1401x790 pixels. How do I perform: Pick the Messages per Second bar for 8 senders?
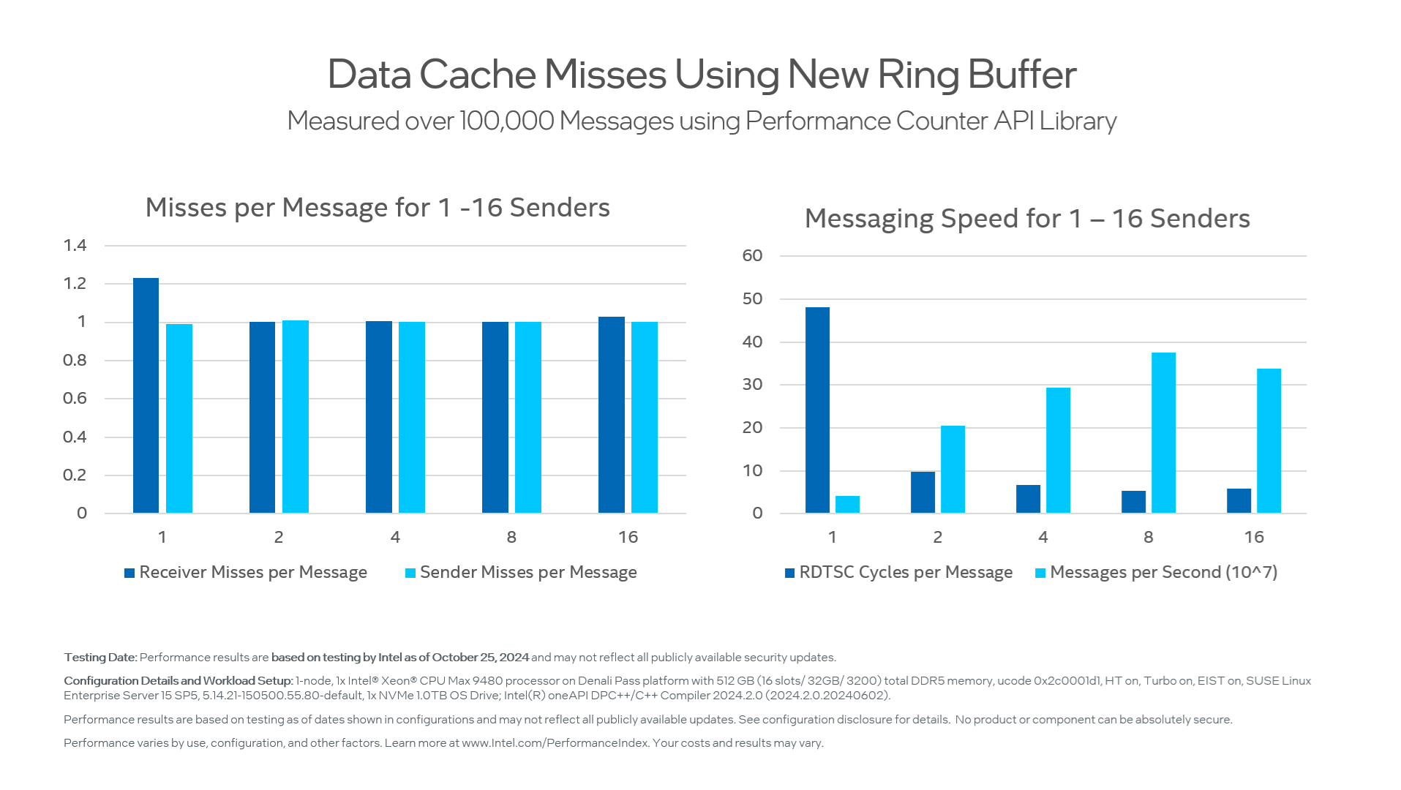pyautogui.click(x=1163, y=432)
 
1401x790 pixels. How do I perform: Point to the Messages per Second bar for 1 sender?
pyautogui.click(x=847, y=505)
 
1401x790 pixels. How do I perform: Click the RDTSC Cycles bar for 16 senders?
pyautogui.click(x=1239, y=501)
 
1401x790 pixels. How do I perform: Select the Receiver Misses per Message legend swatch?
pyautogui.click(x=129, y=573)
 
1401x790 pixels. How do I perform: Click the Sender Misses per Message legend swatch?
pyautogui.click(x=410, y=573)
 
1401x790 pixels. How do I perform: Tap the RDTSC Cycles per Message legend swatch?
pyautogui.click(x=789, y=573)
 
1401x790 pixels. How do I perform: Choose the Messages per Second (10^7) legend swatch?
pyautogui.click(x=1040, y=573)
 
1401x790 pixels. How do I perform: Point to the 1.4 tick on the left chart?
pyautogui.click(x=75, y=245)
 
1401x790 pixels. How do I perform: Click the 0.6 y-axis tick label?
pyautogui.click(x=75, y=398)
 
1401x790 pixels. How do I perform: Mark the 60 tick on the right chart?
pyautogui.click(x=752, y=255)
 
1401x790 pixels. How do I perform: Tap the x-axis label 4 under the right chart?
pyautogui.click(x=1043, y=537)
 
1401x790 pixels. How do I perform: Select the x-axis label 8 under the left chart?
pyautogui.click(x=511, y=537)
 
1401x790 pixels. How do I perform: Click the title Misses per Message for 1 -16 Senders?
pyautogui.click(x=378, y=208)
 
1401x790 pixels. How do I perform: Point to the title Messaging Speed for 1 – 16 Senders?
pyautogui.click(x=1027, y=219)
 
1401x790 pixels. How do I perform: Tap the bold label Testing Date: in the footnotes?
pyautogui.click(x=100, y=658)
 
